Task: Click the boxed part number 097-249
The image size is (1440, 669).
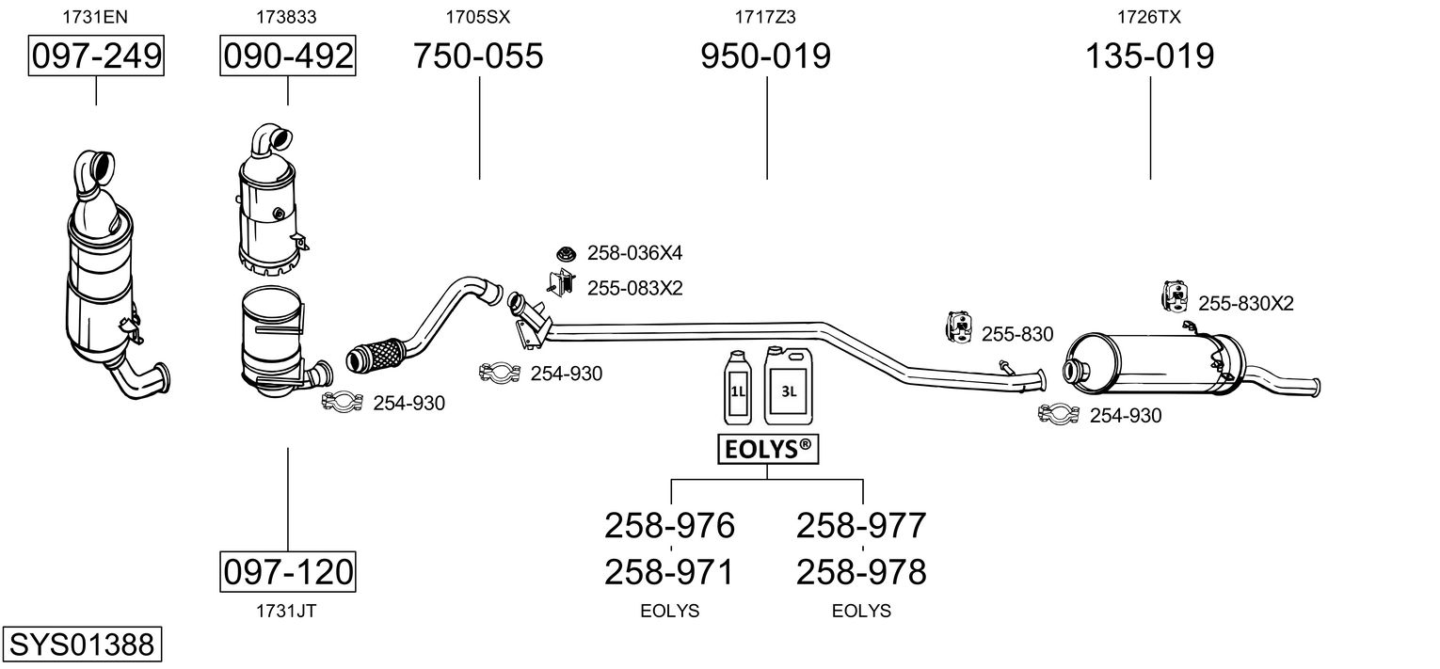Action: pos(96,56)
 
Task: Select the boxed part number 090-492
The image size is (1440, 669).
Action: pos(288,56)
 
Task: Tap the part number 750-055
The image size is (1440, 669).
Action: pos(478,56)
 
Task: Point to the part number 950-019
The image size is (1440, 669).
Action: pos(765,56)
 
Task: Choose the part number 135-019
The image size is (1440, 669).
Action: pos(1150,56)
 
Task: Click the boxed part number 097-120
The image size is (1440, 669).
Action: pos(288,571)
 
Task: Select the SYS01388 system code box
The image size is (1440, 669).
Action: pos(82,644)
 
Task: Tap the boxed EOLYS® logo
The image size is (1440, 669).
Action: pos(768,449)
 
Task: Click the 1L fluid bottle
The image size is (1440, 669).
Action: pos(737,388)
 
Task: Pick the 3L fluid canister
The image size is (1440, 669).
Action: pos(788,386)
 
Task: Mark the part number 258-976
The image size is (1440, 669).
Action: pos(669,525)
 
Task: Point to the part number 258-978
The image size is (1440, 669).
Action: pos(861,572)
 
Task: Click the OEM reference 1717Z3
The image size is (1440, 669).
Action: pos(765,17)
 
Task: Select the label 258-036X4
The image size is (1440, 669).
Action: pos(634,253)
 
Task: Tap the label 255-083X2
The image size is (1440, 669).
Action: pos(635,288)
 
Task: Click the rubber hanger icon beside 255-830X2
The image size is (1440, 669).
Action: pos(1176,297)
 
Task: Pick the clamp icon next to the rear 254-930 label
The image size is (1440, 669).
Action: pos(1058,415)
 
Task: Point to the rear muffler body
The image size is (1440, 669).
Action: pos(1154,364)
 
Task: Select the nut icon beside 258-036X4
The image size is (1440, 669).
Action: pos(566,253)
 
